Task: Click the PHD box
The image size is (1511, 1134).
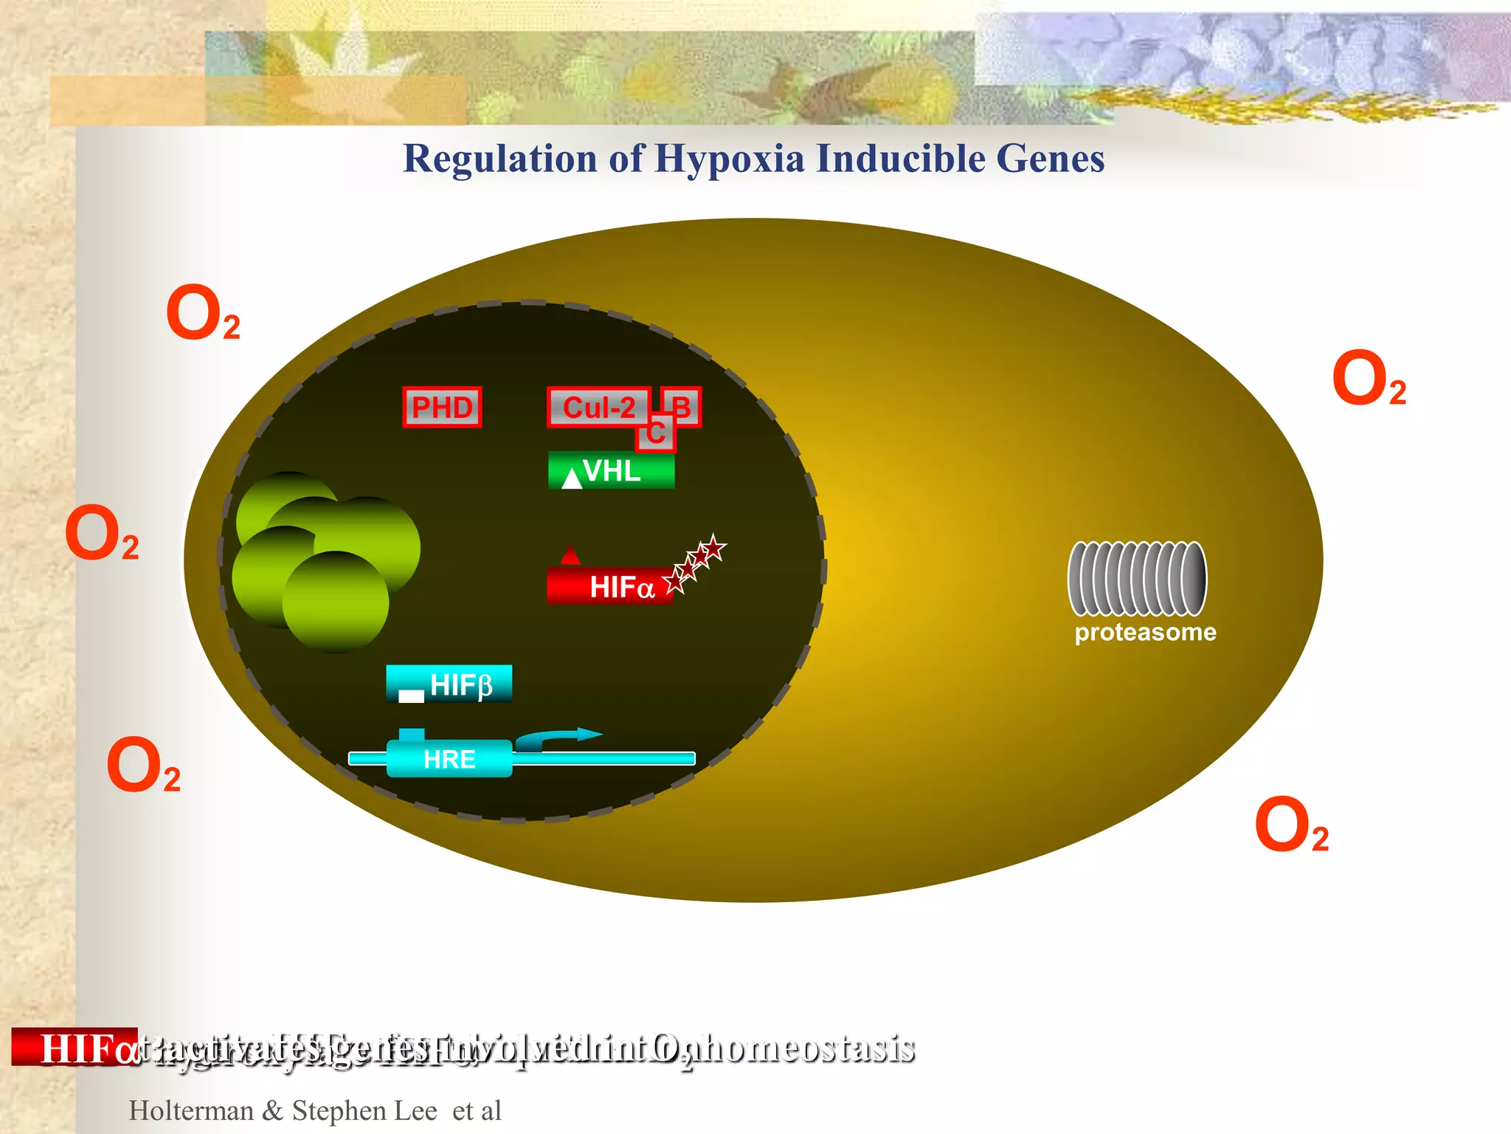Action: (x=442, y=407)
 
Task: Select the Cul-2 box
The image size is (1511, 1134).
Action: (x=598, y=407)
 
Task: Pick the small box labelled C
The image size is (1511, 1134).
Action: (x=656, y=433)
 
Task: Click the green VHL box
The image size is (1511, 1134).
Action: (x=612, y=470)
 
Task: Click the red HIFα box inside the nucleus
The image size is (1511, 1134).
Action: (x=610, y=587)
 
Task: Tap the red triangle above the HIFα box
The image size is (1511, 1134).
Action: (x=570, y=555)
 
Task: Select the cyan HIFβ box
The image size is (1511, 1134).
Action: (x=449, y=684)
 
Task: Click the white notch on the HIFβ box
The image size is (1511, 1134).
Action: (x=411, y=695)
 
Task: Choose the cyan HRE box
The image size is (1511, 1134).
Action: (x=449, y=758)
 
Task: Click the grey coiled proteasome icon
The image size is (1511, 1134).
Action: (x=1137, y=578)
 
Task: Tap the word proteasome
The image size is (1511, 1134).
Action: (x=1145, y=632)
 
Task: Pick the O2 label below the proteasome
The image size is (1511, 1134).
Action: (x=1291, y=825)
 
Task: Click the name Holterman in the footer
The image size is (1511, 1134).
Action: (x=191, y=1110)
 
